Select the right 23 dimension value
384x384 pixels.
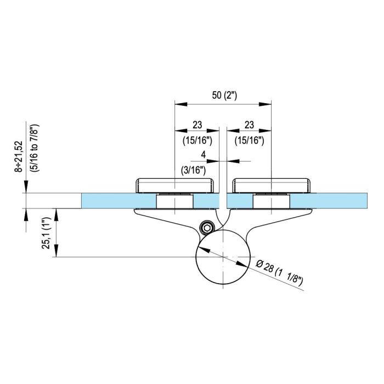[250, 125]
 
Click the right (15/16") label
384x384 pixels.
[250, 140]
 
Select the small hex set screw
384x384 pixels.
[207, 227]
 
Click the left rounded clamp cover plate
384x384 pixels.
[174, 185]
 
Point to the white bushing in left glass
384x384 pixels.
[174, 201]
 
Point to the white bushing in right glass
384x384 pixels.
[272, 201]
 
